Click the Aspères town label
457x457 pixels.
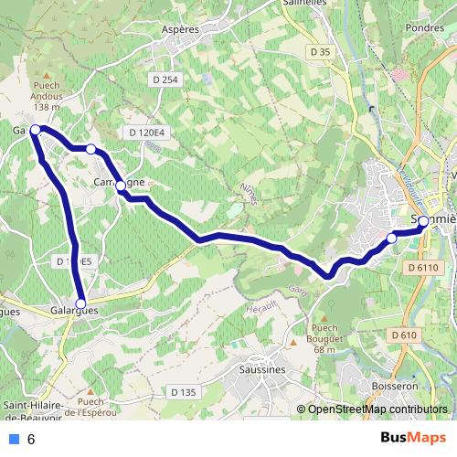point(180,29)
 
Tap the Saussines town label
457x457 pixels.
point(260,369)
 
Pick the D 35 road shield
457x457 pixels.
point(320,52)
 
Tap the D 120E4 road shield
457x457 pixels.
point(145,133)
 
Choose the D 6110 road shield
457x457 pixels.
point(421,267)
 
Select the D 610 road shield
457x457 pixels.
point(404,336)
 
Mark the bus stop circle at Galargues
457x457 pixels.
point(80,303)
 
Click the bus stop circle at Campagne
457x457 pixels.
point(121,186)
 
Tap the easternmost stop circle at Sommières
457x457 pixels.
point(423,220)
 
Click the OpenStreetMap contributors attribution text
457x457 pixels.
point(376,409)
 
